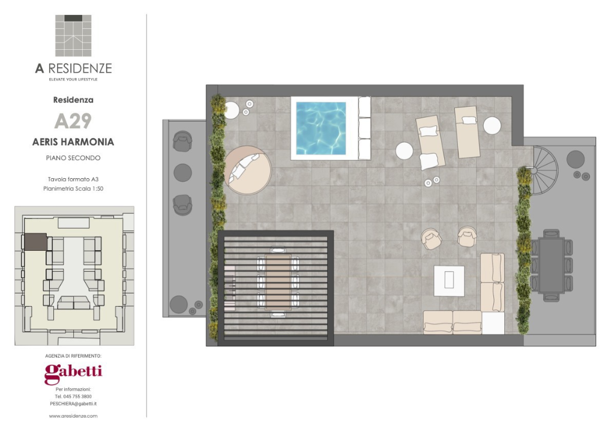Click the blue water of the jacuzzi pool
tap(321, 128)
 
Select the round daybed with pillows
tap(248, 170)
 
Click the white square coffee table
tap(450, 280)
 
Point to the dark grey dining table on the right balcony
tap(552, 265)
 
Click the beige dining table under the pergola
tap(278, 283)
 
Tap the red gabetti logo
tap(73, 374)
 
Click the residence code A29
tap(73, 121)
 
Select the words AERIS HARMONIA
tap(73, 142)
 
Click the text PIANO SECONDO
tap(73, 158)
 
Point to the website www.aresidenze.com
tap(73, 416)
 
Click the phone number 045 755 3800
tap(77, 397)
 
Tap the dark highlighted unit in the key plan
tap(35, 242)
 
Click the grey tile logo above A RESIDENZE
tap(73, 36)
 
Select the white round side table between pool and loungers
tap(404, 151)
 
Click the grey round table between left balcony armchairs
tap(182, 173)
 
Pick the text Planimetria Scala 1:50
tap(73, 188)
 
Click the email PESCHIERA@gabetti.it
tap(73, 404)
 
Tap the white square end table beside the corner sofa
tap(493, 323)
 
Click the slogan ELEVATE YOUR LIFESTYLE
tap(73, 79)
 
